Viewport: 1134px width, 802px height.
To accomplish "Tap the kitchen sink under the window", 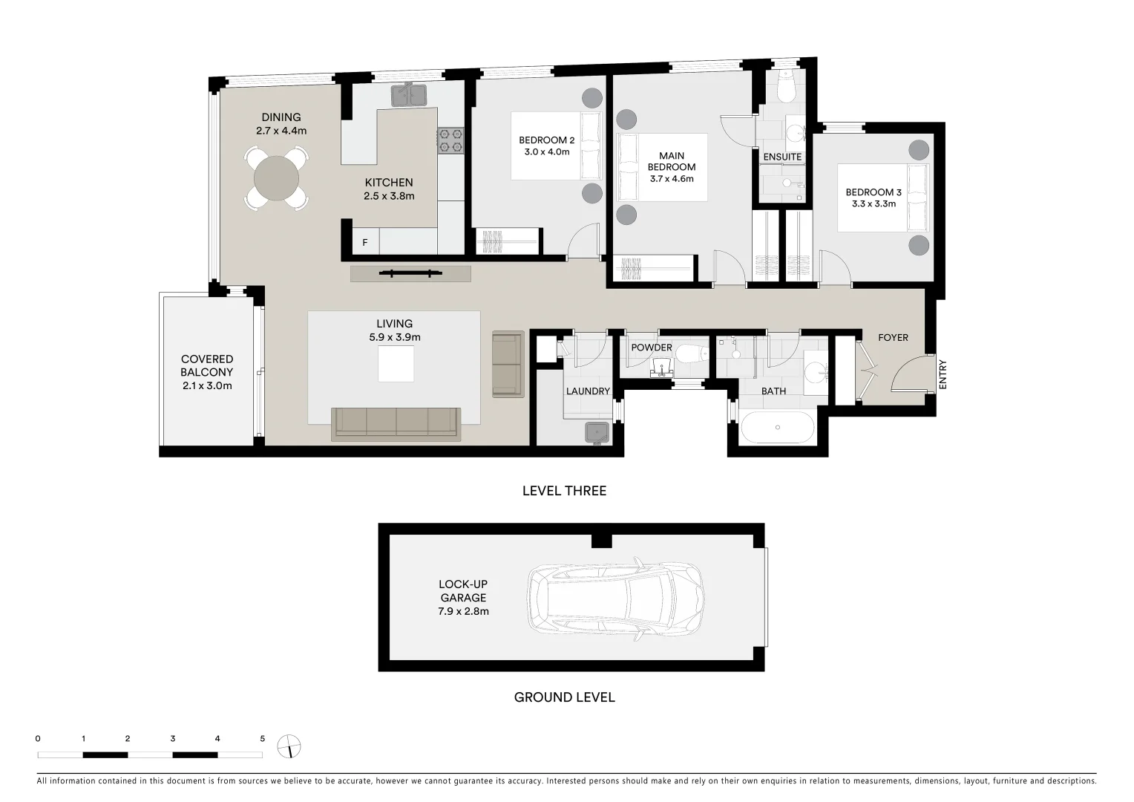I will pos(408,94).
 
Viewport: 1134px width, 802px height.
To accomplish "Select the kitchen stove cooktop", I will pos(450,141).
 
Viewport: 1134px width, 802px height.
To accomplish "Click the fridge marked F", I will pos(364,242).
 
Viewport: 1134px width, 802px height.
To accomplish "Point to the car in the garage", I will pos(614,598).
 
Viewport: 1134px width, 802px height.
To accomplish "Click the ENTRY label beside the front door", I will pos(943,375).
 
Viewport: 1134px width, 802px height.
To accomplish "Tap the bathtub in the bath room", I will pos(777,427).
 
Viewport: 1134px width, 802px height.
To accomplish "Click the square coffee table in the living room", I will pos(396,364).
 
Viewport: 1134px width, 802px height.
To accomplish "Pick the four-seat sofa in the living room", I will pos(396,423).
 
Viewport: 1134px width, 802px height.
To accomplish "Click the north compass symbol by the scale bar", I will pos(289,746).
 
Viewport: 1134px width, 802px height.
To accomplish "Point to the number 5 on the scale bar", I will pos(262,739).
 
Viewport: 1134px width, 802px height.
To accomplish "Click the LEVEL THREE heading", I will pos(564,491).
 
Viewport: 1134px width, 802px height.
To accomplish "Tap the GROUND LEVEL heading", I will pos(564,697).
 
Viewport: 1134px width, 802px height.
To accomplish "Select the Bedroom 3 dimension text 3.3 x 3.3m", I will pos(874,203).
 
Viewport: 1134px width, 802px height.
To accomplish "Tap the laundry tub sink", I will pos(597,432).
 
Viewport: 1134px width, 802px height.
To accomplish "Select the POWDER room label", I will pos(651,348).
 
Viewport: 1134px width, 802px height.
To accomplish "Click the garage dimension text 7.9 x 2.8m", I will pos(463,611).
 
